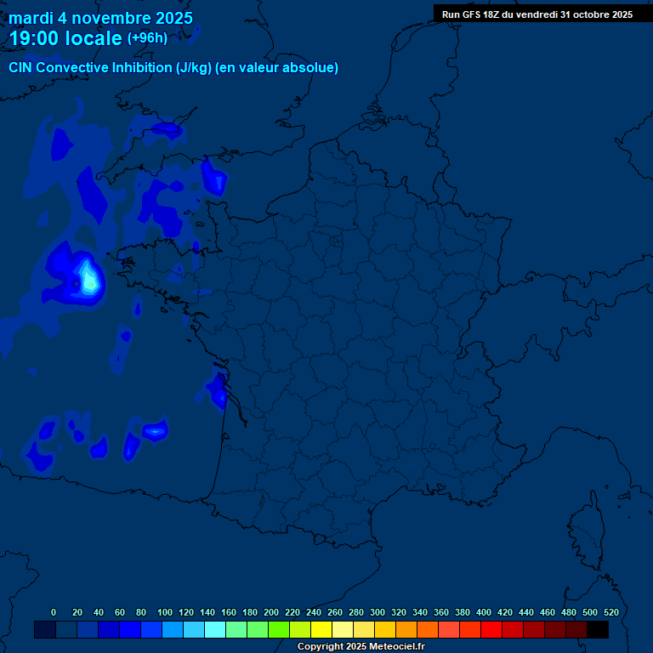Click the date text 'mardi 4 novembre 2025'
100,18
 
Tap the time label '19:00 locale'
65,38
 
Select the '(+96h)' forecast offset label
147,38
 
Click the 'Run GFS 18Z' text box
537,14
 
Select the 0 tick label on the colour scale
54,612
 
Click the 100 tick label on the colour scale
164,612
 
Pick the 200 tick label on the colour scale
270,612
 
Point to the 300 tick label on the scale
377,612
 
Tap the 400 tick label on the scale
483,612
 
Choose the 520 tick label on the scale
610,612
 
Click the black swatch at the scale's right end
598,629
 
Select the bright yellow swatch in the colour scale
321,629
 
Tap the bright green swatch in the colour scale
279,629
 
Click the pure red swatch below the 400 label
491,629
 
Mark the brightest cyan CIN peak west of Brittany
88,275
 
